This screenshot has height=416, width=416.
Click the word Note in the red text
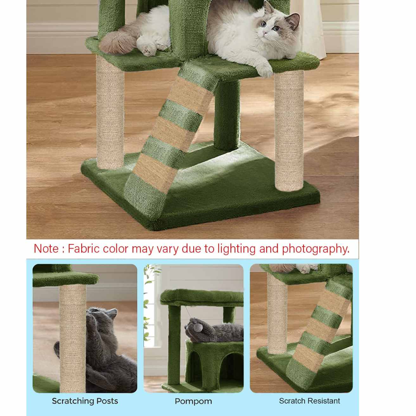click(x=46, y=248)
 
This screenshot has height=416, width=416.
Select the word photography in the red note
click(x=316, y=249)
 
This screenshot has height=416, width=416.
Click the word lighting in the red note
click(x=236, y=249)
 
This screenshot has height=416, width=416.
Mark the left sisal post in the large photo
click(x=110, y=112)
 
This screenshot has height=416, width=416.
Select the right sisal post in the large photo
click(x=289, y=131)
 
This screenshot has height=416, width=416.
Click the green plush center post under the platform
click(x=227, y=115)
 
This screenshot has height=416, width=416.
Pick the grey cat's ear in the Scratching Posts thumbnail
click(x=112, y=313)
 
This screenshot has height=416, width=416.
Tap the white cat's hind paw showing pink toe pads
click(x=150, y=50)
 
